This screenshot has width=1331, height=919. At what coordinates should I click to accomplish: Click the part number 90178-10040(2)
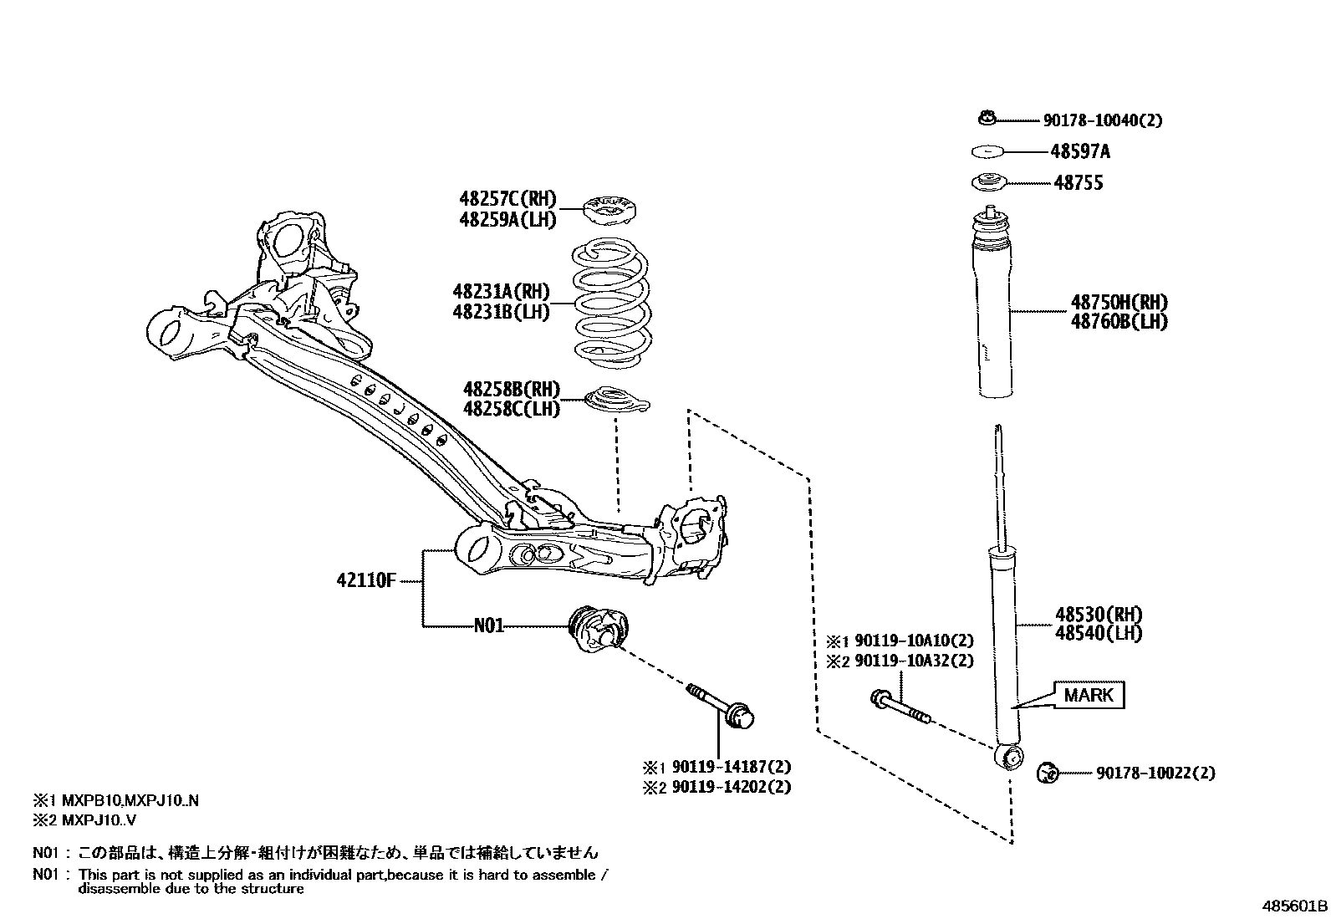tap(1102, 120)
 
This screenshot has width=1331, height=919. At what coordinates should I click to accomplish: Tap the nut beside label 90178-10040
tap(987, 120)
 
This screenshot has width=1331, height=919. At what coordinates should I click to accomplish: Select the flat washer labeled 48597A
tap(987, 151)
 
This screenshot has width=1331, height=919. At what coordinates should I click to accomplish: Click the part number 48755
tap(1078, 183)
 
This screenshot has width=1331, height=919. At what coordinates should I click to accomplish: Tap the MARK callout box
tap(1089, 694)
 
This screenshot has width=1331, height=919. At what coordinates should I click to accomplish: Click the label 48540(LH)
tap(1098, 634)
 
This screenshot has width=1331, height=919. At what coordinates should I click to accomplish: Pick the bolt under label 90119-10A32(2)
tap(900, 706)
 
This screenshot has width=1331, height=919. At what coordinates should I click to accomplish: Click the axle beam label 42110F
tap(365, 579)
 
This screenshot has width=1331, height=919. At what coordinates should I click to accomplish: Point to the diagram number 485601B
tap(1294, 906)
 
